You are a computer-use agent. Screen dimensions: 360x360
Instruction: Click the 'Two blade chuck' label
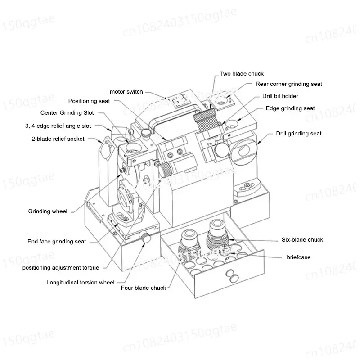(x=241, y=73)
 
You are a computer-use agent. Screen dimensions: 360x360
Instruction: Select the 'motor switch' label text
(x=126, y=92)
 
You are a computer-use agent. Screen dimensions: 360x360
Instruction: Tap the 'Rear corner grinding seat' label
(x=288, y=84)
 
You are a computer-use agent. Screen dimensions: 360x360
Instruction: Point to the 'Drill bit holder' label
(x=280, y=96)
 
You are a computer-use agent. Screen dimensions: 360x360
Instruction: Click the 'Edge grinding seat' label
(x=290, y=108)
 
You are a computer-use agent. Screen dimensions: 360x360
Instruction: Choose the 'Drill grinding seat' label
(x=298, y=134)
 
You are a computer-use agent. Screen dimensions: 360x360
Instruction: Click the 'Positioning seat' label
(x=89, y=101)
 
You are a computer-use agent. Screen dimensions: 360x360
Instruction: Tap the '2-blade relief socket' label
(x=58, y=139)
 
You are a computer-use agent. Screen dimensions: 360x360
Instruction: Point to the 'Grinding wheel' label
(x=48, y=211)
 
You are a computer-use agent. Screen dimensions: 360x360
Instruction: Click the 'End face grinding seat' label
(x=57, y=242)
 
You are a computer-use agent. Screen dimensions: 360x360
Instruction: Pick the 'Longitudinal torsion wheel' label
(x=81, y=283)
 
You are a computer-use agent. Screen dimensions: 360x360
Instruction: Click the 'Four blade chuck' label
(x=143, y=288)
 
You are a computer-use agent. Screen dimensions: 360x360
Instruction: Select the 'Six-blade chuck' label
(x=302, y=240)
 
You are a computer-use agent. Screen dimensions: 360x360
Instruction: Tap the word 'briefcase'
(x=298, y=257)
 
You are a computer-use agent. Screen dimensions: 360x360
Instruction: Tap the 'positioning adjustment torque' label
(x=60, y=268)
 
